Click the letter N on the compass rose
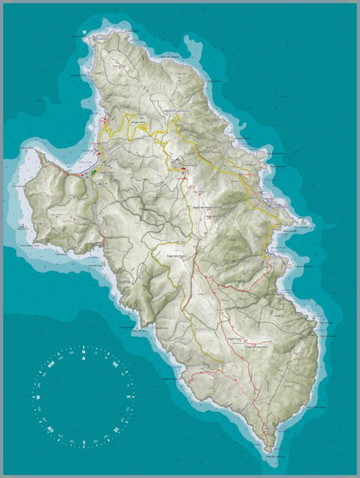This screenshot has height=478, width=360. pyautogui.click(x=84, y=349)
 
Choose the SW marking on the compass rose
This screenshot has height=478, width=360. pyautogui.click(x=49, y=429)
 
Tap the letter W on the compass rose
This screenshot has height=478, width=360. pyautogui.click(x=35, y=396)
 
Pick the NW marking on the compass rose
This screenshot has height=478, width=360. pyautogui.click(x=50, y=363)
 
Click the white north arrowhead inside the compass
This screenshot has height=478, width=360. pyautogui.click(x=84, y=359)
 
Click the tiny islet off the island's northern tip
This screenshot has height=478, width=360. pyautogui.click(x=88, y=33)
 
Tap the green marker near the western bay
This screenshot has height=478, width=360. pyautogui.click(x=94, y=172)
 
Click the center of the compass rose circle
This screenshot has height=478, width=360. pyautogui.click(x=84, y=396)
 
